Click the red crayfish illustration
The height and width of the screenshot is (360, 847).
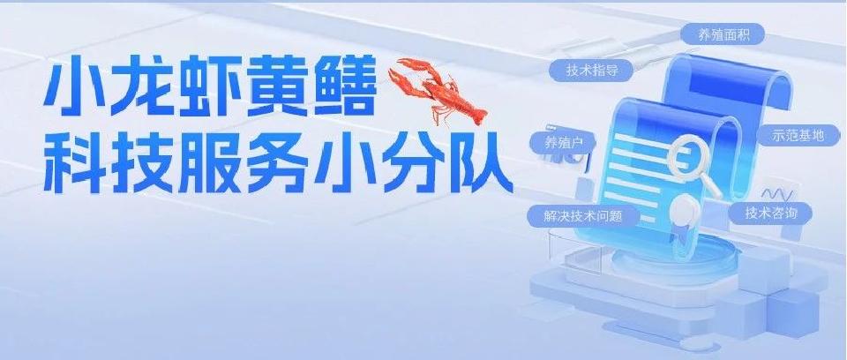[440, 91]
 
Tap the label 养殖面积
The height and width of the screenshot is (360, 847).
[716, 34]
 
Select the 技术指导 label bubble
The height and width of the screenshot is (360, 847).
[591, 71]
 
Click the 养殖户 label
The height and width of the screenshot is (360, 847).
[561, 143]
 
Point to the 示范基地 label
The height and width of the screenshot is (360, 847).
[798, 135]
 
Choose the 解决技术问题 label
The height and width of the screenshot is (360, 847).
[582, 216]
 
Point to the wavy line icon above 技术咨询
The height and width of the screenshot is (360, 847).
[776, 194]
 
